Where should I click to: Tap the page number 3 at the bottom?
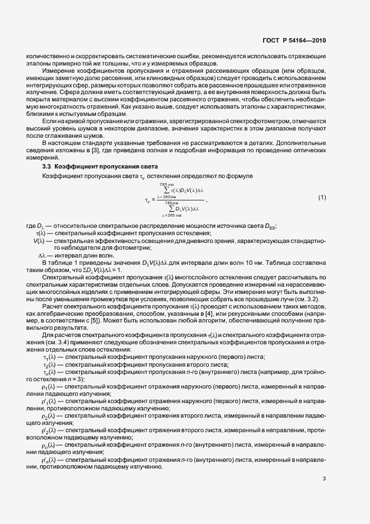(x=324, y=479)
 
